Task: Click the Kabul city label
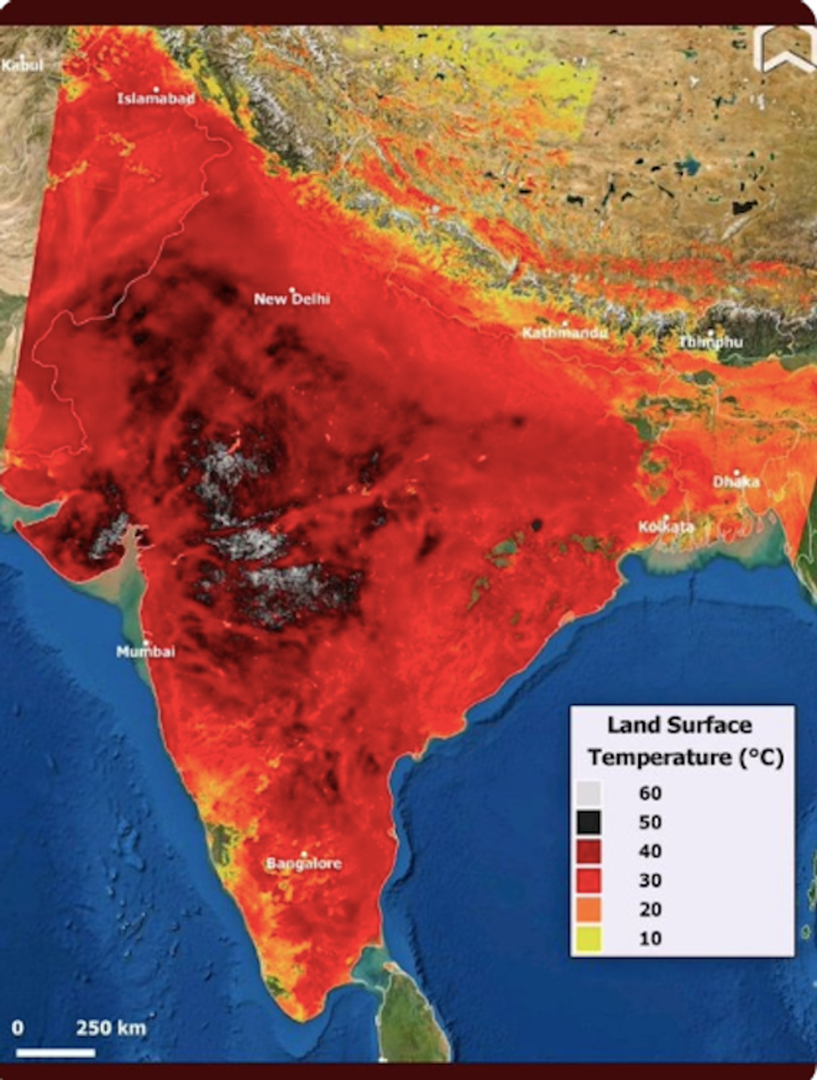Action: [22, 65]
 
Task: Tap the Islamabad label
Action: [156, 98]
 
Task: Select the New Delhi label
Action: [292, 298]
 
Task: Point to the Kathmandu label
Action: [564, 333]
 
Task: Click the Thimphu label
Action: [709, 342]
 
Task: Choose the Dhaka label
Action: [735, 482]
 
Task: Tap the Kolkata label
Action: [666, 527]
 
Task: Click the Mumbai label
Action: [146, 652]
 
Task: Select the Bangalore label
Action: [303, 863]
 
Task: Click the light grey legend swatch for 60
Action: [590, 792]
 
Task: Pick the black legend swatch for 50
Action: [590, 822]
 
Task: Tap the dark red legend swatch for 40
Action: [590, 851]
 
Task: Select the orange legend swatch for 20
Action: [590, 909]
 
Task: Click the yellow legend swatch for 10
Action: [590, 938]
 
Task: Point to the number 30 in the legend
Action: [650, 880]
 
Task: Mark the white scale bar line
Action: [55, 1052]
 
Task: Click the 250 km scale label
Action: [111, 1027]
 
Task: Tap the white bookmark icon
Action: [784, 50]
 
